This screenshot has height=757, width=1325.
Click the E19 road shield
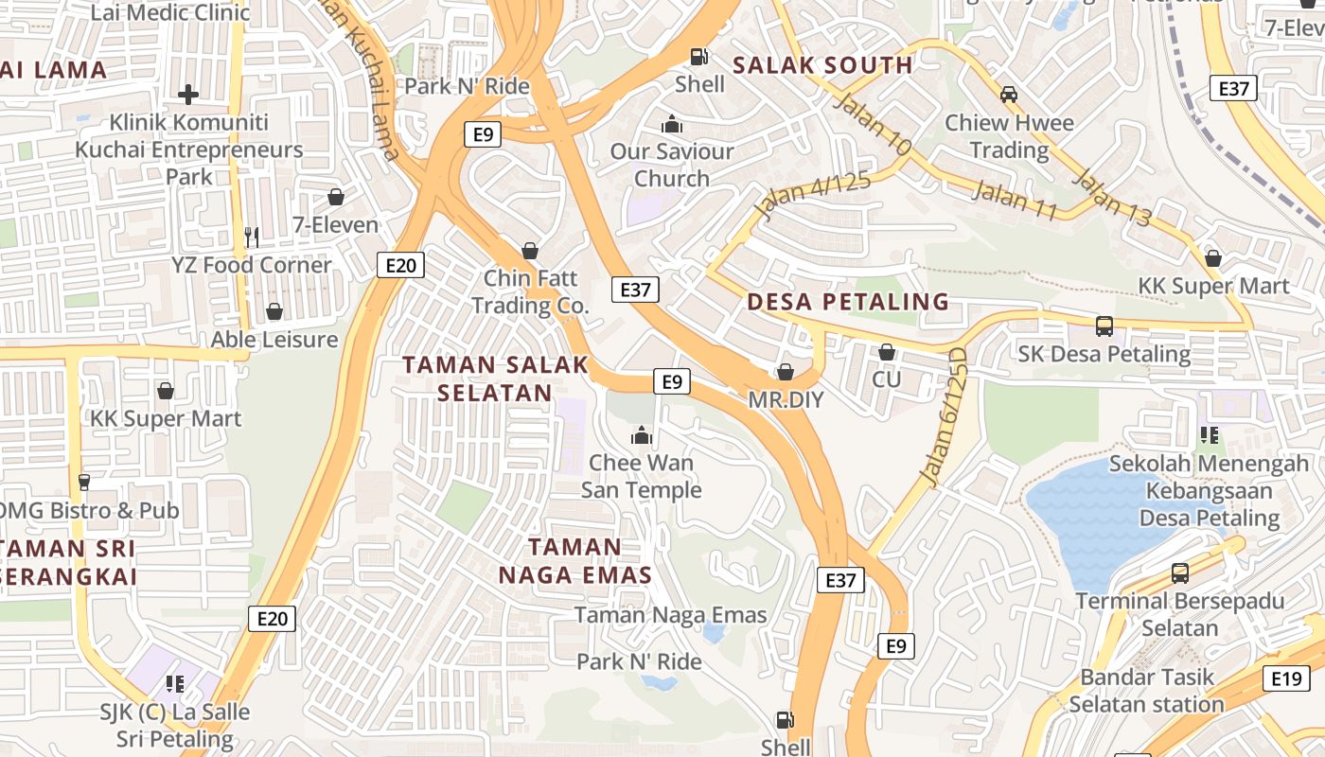1286,678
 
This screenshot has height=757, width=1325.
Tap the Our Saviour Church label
672,165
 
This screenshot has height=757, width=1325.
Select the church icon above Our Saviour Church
672,124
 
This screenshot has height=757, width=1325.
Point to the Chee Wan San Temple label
641,476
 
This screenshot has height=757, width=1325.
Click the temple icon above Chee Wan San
642,435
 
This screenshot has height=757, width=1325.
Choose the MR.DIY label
786,400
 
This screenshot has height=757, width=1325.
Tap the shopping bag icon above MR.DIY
786,371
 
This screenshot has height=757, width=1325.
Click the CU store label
887,379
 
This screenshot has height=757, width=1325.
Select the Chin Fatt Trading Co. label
530,291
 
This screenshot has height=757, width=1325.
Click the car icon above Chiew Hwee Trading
1009,95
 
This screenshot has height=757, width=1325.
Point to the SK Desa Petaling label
1104,354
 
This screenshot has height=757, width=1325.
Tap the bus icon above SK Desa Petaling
1104,326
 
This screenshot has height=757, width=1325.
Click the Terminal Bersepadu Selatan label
1179,614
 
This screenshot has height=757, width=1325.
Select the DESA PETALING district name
848,302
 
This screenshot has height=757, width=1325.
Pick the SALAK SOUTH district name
822,65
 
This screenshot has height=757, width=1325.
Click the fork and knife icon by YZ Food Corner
251,237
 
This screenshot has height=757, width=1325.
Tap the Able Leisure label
274,339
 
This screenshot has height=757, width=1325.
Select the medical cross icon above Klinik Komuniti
188,95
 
